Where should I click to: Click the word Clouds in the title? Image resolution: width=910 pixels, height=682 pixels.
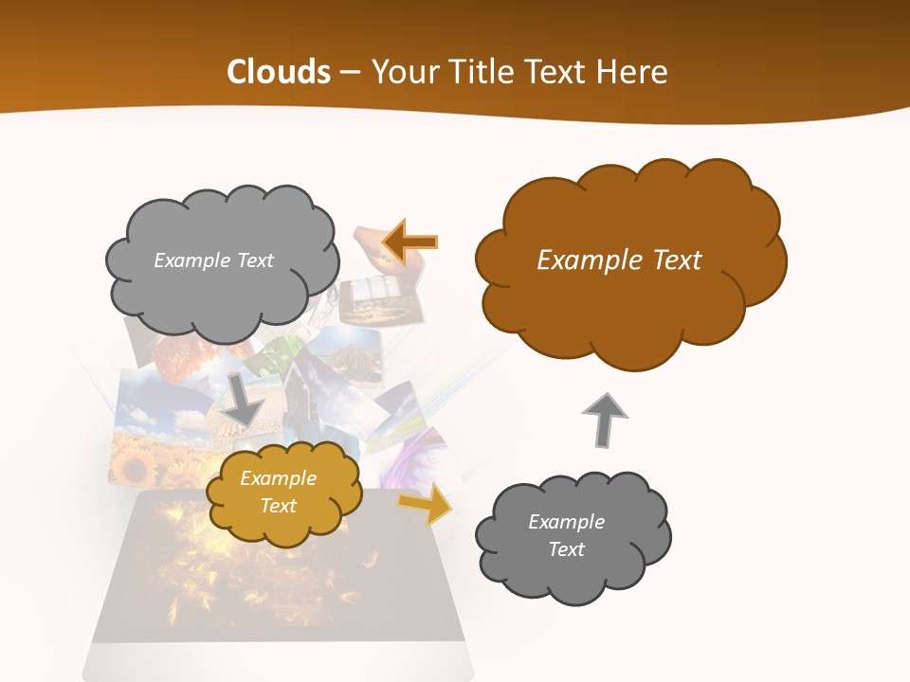pos(278,72)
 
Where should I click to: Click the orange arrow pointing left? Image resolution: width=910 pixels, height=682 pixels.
pos(409,242)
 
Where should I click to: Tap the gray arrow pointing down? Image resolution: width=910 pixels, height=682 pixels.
pos(244,399)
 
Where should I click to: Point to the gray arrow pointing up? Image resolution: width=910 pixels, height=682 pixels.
pos(604,418)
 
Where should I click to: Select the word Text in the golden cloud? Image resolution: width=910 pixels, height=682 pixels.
pos(278,506)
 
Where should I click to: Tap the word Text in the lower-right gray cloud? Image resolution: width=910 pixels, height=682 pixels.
pos(566,549)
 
